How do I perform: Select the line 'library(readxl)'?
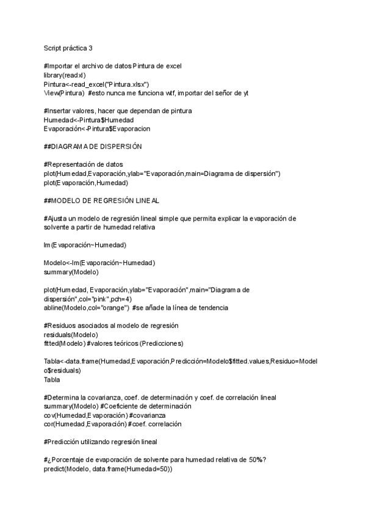pos(64,75)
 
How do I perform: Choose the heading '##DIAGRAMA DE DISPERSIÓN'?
pos(93,147)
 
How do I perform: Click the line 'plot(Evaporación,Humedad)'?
pos(86,183)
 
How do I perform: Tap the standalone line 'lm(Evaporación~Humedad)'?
pos(85,245)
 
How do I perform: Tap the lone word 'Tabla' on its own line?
pos(52,379)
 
